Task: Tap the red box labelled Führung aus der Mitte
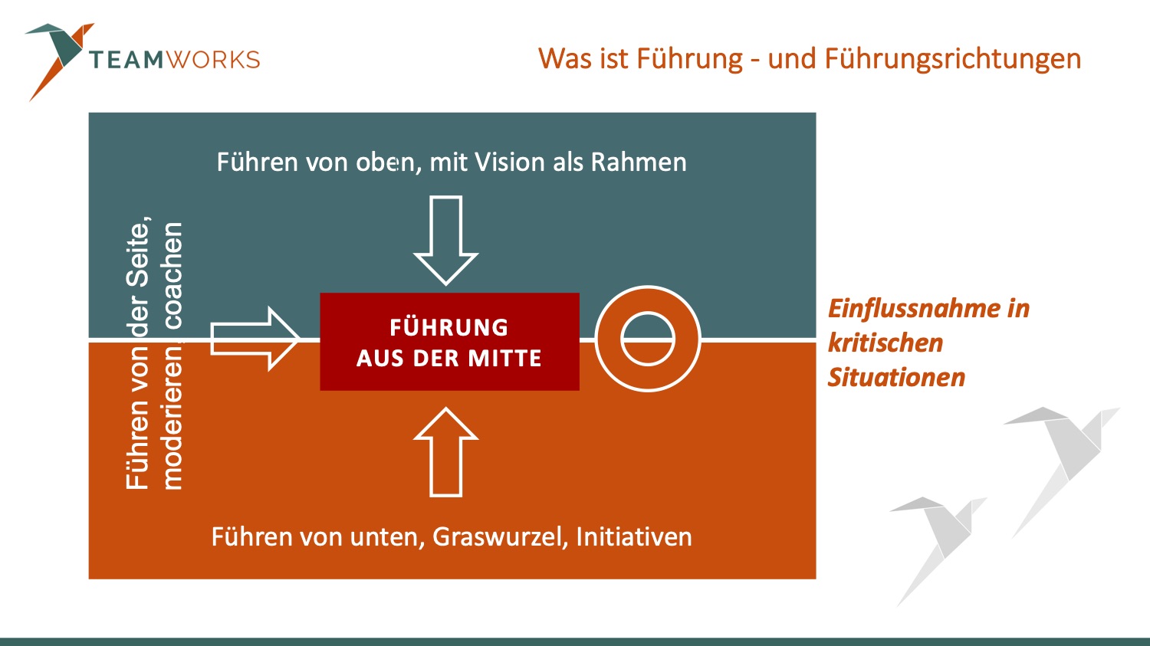pos(449,342)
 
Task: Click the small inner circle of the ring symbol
pos(648,339)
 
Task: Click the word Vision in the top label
pos(508,162)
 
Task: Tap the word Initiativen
pos(634,536)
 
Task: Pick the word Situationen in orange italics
pos(896,377)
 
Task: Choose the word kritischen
pos(886,343)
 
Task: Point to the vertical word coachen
pos(172,275)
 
